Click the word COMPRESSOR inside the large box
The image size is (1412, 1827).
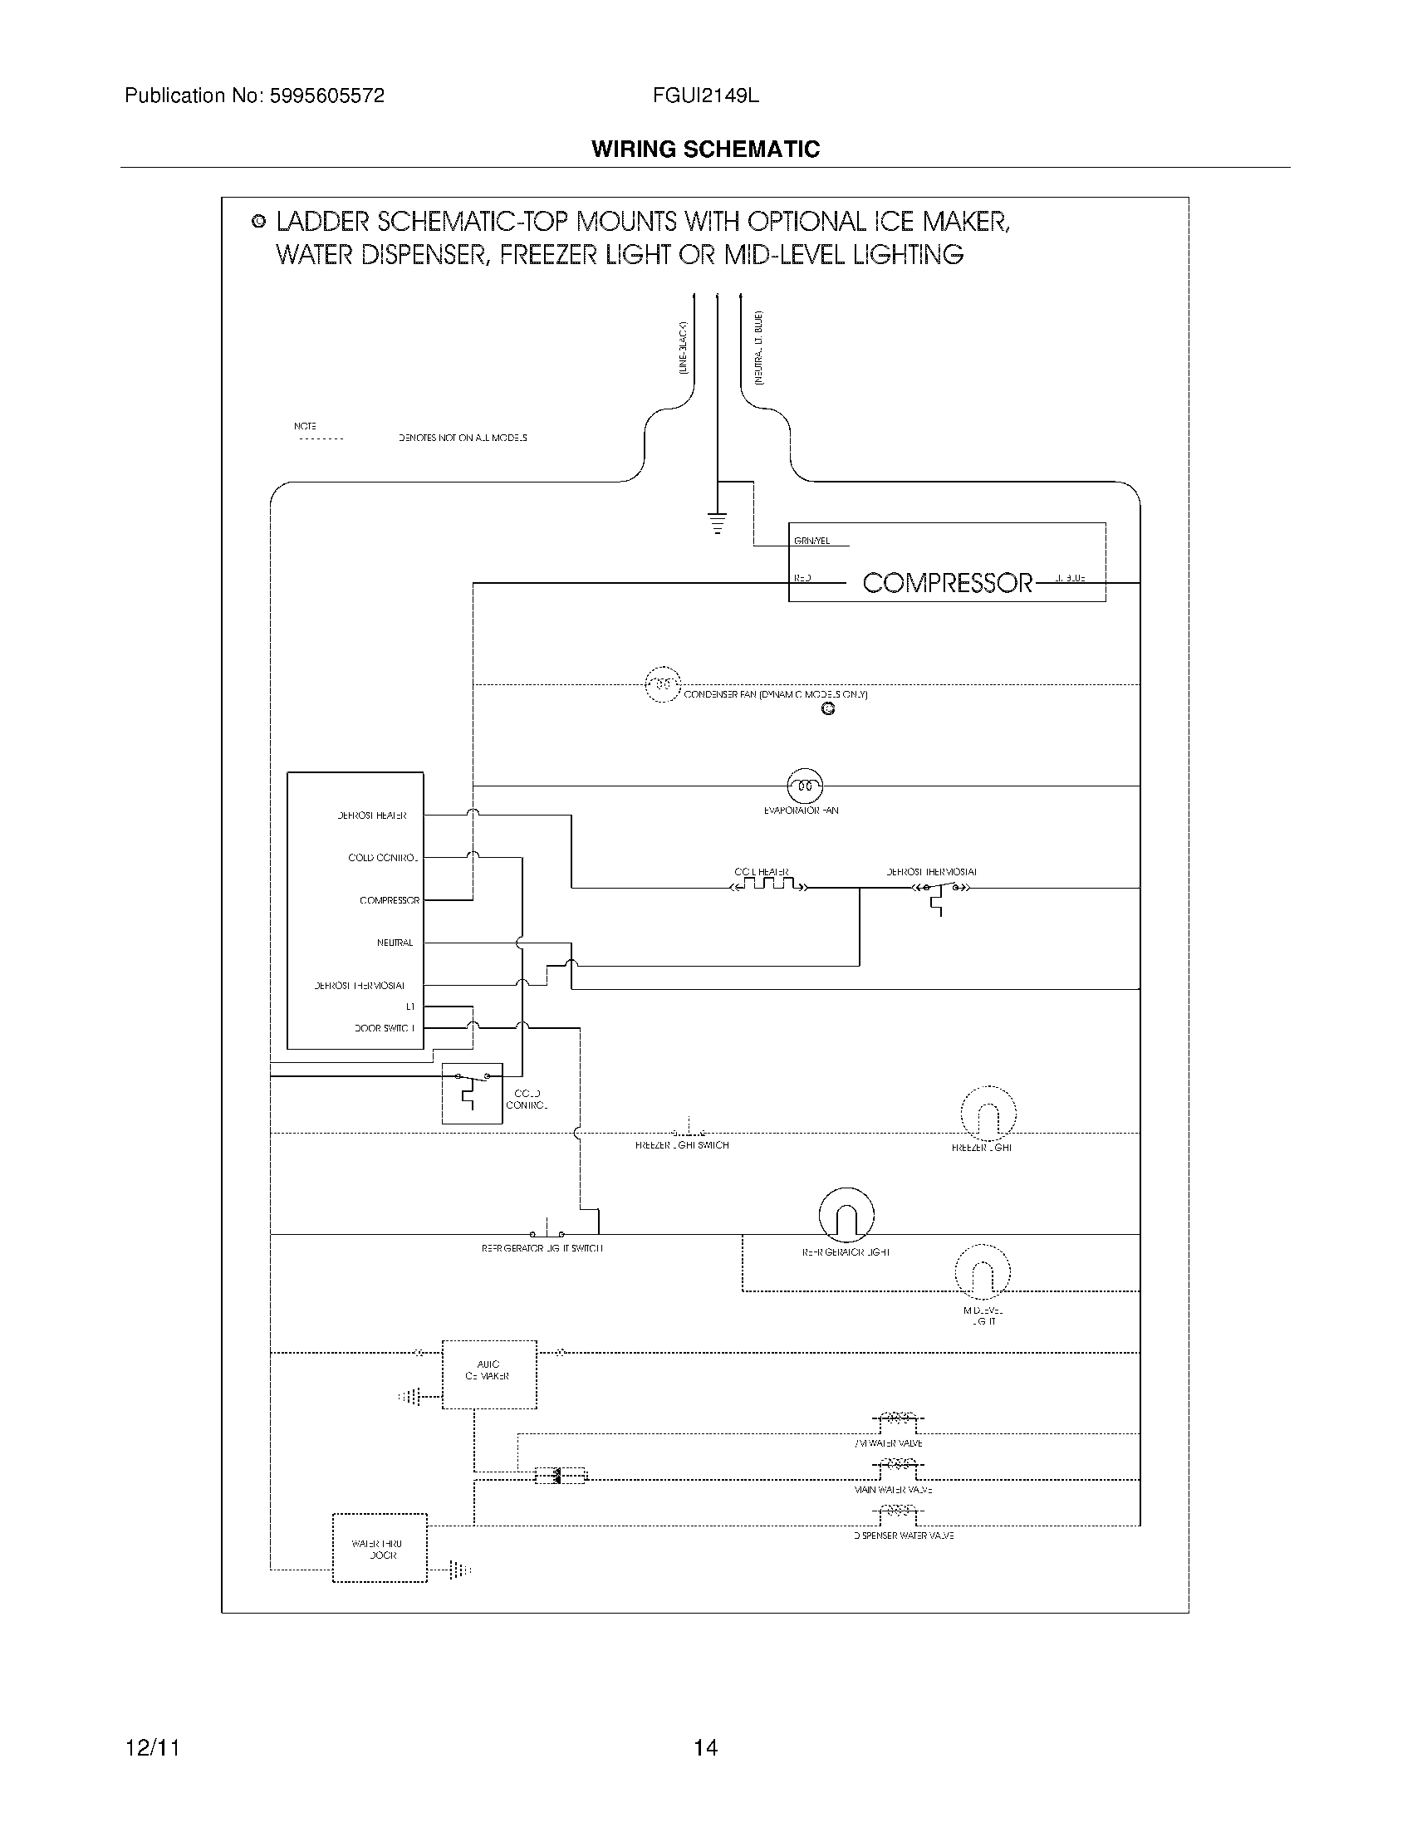pos(947,583)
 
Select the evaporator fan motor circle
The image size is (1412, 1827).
pos(805,786)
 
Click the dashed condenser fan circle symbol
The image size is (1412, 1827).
pos(663,684)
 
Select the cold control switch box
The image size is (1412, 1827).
pos(472,1094)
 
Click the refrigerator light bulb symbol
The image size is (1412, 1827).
pos(846,1216)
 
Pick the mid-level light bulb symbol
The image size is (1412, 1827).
pos(983,1273)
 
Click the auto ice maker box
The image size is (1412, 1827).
pos(488,1375)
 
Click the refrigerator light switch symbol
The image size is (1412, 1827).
pos(547,1233)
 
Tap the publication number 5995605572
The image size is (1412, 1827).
pos(326,96)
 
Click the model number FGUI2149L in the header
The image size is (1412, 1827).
pos(705,96)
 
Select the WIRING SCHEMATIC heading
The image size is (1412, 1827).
pos(705,149)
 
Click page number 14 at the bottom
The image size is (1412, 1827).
pos(705,1747)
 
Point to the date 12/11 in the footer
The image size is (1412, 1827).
pos(152,1747)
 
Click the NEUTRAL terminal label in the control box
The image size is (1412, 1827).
pos(395,943)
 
